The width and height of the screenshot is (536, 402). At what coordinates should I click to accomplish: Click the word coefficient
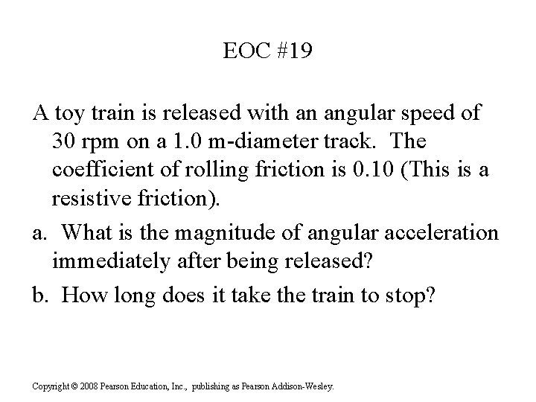click(100, 170)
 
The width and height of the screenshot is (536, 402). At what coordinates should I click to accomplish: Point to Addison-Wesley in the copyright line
click(306, 386)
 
